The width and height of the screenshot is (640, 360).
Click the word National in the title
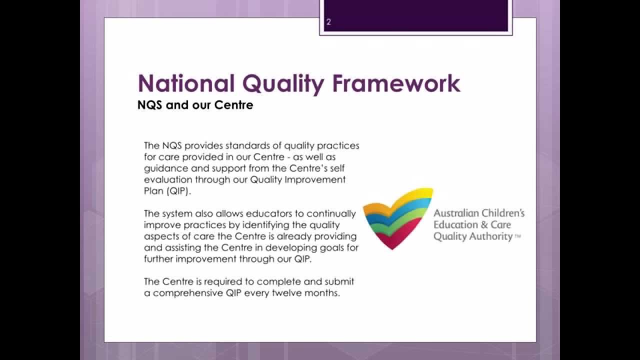[185, 83]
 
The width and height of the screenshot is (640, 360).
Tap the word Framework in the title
[396, 83]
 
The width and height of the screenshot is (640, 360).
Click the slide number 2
[328, 22]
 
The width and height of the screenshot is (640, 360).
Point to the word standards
[246, 146]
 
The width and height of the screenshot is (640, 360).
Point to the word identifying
[253, 224]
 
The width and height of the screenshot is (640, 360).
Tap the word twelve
[284, 293]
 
